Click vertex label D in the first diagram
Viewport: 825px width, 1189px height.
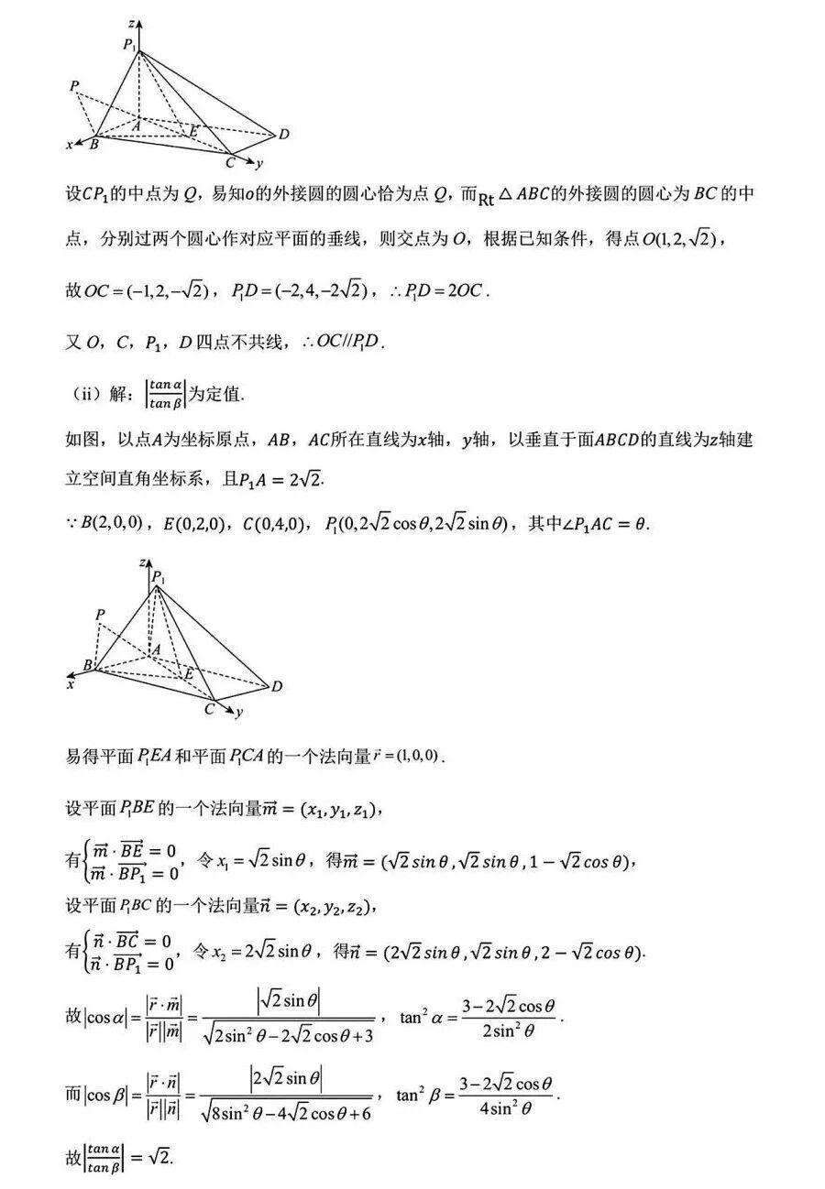(x=284, y=135)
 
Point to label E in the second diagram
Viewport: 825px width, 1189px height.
(x=189, y=673)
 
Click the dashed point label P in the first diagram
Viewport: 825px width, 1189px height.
(x=73, y=86)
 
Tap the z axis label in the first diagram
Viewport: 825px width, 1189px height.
(x=133, y=21)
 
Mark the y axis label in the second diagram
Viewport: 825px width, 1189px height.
(x=238, y=711)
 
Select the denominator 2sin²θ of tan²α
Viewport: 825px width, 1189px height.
(x=508, y=1030)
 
